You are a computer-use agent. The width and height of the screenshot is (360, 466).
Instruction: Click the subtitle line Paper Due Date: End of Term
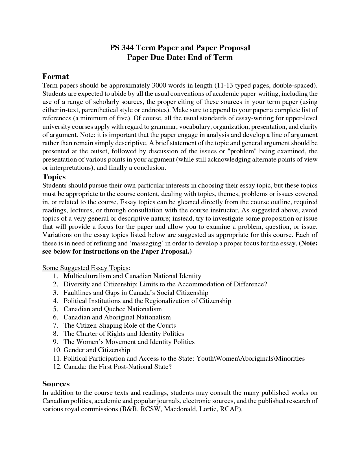pos(180,57)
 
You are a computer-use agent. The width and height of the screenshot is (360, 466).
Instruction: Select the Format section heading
pos(55,77)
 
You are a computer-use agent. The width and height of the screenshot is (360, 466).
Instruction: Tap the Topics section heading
pos(54,177)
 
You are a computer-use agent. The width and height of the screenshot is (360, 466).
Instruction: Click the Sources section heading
pos(56,384)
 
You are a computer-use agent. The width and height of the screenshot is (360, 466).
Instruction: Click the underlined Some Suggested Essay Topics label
pos(86,268)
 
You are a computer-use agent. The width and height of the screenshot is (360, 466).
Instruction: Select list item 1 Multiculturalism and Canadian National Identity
pos(132,276)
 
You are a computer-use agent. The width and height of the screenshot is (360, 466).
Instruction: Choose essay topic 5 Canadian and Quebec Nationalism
pos(112,309)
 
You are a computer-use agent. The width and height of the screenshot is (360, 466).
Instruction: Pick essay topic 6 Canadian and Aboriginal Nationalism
pos(117,317)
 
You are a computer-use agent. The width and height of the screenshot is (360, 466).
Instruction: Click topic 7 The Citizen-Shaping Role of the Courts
pos(119,325)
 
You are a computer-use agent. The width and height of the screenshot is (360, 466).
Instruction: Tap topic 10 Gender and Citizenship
pos(97,350)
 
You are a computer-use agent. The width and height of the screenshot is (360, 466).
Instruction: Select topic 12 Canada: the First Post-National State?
pos(117,367)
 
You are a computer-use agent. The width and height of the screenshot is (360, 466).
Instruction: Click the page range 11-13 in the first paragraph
pos(224,85)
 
